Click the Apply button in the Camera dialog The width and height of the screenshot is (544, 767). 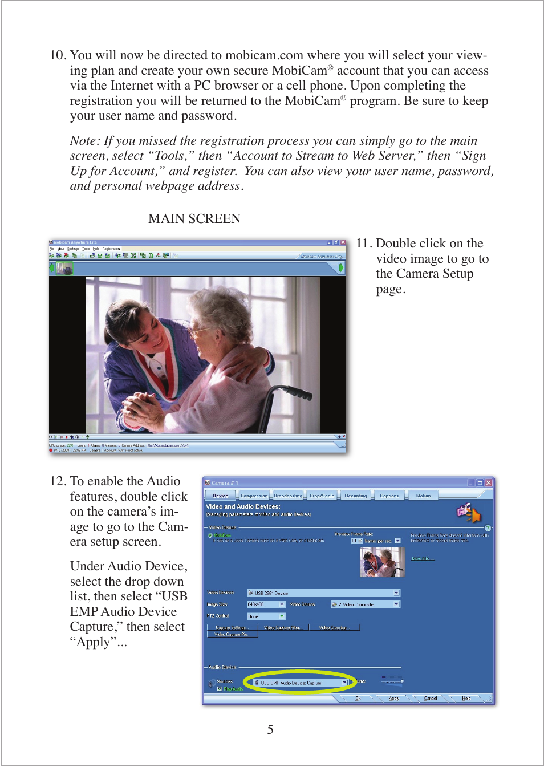coord(394,698)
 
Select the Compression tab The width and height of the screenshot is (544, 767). coord(254,496)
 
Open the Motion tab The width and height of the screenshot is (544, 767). coord(423,496)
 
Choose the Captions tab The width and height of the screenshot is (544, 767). coord(389,496)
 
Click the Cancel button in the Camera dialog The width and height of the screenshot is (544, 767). coord(431,698)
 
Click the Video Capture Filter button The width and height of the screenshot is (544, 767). coord(283,627)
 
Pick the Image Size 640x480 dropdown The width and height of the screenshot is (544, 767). coord(266,604)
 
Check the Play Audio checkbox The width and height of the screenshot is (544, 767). coord(220,689)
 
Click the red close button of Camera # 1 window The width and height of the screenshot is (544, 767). coord(489,483)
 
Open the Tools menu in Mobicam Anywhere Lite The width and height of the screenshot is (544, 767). coord(86,249)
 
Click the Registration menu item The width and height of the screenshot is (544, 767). coord(111,249)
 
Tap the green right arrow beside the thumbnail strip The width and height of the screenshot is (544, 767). coord(341,267)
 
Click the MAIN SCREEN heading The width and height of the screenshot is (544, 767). coord(194,218)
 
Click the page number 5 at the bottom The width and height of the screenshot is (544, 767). coord(270,729)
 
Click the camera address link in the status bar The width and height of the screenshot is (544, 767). coord(167,445)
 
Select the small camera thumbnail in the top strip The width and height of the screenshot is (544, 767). coord(65,267)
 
